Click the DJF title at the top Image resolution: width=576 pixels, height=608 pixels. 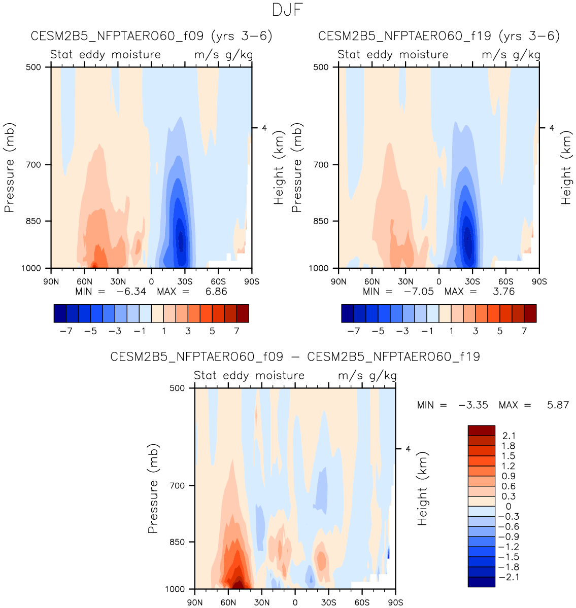pos(287,11)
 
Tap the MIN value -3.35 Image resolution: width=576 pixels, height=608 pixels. pos(473,405)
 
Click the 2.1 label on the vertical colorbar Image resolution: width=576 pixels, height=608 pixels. pos(508,436)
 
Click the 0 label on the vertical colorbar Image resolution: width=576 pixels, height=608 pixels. pos(509,507)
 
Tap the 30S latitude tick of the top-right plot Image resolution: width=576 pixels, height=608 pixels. pos(472,282)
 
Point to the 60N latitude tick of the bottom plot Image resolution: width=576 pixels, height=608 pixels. pos(228,603)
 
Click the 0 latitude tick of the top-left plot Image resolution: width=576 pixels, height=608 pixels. pos(151,282)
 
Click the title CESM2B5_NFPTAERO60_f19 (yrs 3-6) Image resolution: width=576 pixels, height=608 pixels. pos(439,37)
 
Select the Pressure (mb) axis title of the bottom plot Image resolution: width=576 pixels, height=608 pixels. pos(153,488)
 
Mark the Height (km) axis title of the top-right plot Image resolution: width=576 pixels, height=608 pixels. pos(566,167)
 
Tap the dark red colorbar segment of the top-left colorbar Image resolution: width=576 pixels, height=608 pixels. pos(243,313)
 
